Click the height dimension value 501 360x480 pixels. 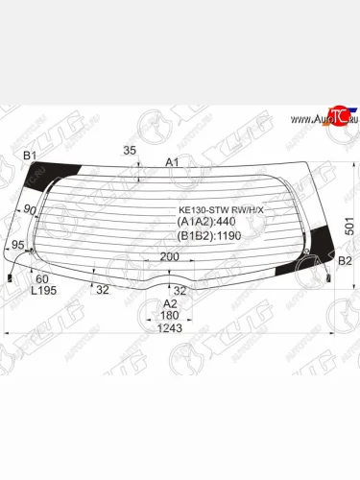(348, 225)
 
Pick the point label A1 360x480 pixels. (173, 162)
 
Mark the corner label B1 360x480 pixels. (29, 156)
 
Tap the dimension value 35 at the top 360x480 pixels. (131, 151)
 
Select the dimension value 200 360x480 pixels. (169, 257)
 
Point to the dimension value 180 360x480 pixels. (170, 316)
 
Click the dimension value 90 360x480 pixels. (30, 210)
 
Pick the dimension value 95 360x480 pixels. (17, 247)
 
